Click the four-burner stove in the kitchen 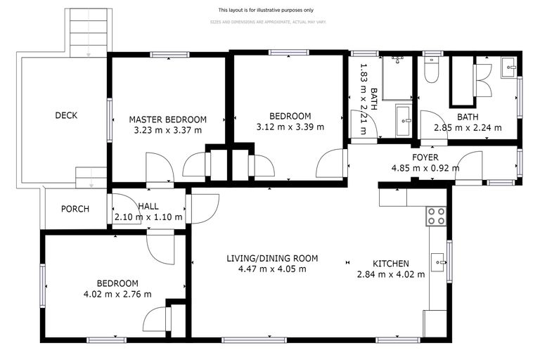coord(436,216)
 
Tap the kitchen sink coord(439,263)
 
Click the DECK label coord(66,116)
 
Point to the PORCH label coord(75,209)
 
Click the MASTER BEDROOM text coord(167,119)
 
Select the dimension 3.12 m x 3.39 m coord(290,127)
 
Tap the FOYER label coord(425,157)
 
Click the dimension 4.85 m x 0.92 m coord(425,168)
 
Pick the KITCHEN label coord(390,264)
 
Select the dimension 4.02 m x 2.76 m coord(117,294)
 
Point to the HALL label coord(148,206)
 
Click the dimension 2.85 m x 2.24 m coord(468,128)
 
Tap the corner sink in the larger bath coord(508,68)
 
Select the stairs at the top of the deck coord(89,32)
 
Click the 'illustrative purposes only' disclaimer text coord(266,11)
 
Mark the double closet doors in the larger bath coord(484,80)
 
